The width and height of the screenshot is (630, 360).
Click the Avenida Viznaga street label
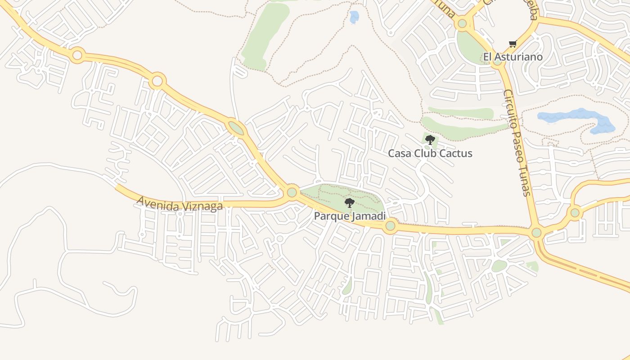(x=180, y=203)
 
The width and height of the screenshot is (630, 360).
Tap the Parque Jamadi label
(x=350, y=216)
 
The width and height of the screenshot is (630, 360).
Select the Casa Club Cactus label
(x=430, y=153)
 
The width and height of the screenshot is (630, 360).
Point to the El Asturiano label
(x=513, y=57)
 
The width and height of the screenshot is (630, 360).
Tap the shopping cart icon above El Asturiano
(x=513, y=44)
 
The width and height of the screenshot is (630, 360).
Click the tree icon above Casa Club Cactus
(x=430, y=139)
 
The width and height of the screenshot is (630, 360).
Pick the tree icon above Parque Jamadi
(x=349, y=203)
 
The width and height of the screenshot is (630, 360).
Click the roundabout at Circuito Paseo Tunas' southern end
(x=536, y=233)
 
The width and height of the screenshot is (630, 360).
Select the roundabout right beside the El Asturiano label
(x=497, y=61)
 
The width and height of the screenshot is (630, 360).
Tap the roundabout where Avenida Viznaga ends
(x=292, y=193)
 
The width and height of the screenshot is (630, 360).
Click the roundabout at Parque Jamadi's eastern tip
(x=390, y=225)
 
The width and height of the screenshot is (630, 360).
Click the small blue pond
(x=355, y=17)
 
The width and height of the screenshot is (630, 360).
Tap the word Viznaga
(x=202, y=206)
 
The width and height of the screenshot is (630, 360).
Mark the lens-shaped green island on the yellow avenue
(x=235, y=128)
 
